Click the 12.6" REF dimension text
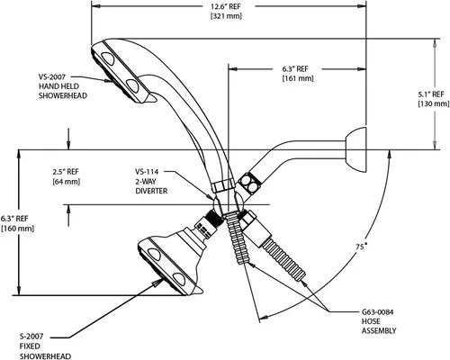click(x=226, y=6)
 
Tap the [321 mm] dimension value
click(x=226, y=16)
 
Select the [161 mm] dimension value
click(x=298, y=78)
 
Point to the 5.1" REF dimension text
click(x=431, y=94)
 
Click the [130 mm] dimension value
click(x=434, y=103)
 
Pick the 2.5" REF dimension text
click(x=66, y=172)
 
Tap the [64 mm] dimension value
click(x=66, y=182)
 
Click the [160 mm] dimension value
click(x=18, y=228)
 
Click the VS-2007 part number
click(x=51, y=76)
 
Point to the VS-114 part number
click(x=147, y=172)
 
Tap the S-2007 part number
click(x=31, y=337)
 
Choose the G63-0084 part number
click(x=377, y=312)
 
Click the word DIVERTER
click(x=151, y=191)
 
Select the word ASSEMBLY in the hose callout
click(x=379, y=331)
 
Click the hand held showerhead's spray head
click(x=120, y=71)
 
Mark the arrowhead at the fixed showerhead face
click(x=157, y=283)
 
